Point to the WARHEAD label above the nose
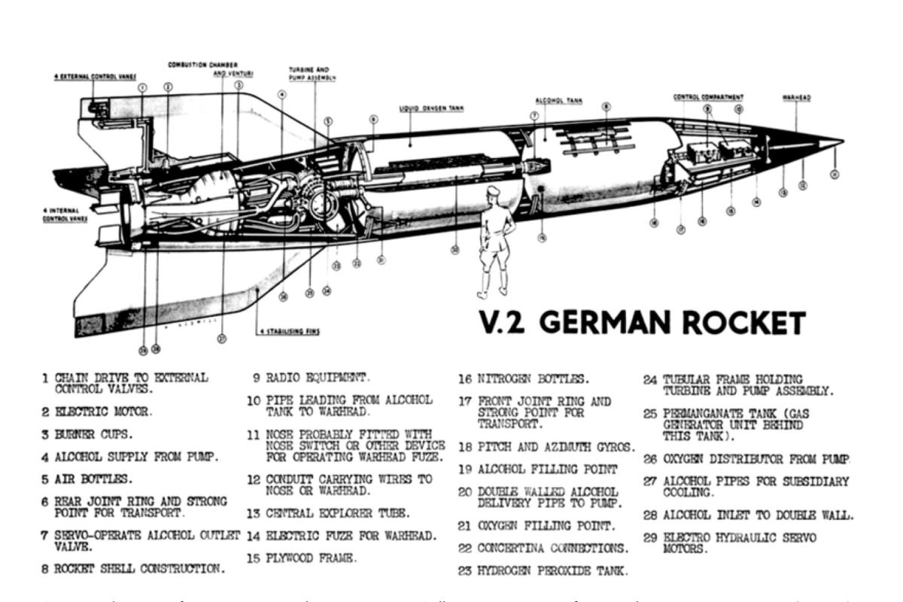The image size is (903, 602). click(x=795, y=98)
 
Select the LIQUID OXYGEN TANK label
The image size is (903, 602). click(x=431, y=108)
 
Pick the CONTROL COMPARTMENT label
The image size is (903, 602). click(x=708, y=97)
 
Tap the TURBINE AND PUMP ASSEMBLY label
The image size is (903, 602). click(x=312, y=73)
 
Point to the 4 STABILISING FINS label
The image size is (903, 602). click(x=288, y=331)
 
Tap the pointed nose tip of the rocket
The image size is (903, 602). click(x=842, y=141)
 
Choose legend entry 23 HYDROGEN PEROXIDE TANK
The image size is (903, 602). click(x=541, y=570)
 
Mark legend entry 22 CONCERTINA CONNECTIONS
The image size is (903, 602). click(x=543, y=547)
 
